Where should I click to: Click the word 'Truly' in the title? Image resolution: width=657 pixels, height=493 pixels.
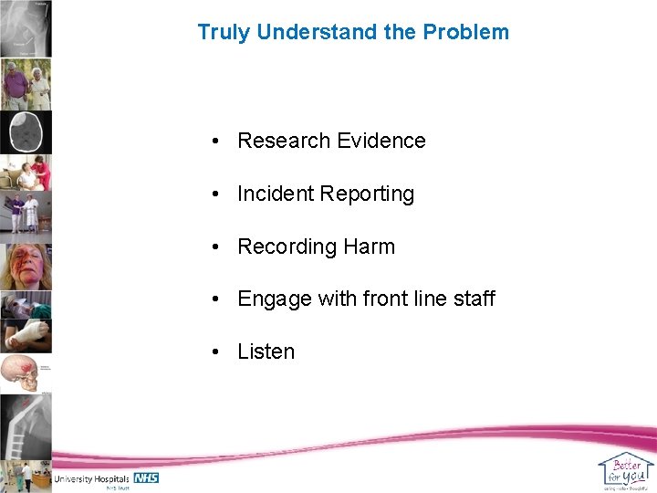(224, 32)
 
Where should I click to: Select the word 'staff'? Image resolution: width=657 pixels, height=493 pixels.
(473, 299)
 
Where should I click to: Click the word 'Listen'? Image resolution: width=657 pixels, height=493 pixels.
(266, 351)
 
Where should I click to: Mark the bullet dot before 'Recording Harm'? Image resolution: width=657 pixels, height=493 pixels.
(212, 246)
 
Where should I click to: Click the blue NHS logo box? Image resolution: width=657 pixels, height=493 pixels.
(146, 477)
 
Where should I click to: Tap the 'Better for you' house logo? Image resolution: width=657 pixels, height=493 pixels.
(626, 470)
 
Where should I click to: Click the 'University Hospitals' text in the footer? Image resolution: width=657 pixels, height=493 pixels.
(91, 478)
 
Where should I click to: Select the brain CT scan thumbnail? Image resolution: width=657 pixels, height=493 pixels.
(26, 132)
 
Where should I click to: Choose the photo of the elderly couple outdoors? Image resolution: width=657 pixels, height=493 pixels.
(26, 85)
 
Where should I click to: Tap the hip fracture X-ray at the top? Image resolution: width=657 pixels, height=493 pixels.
(26, 27)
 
